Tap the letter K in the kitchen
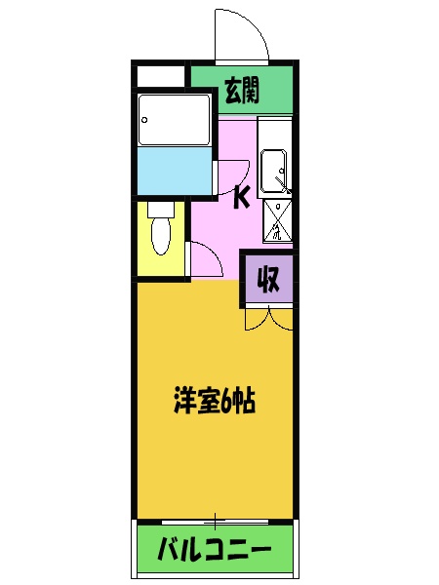(241, 198)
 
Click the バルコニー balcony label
(215, 551)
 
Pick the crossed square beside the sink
(278, 222)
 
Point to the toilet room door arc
(203, 258)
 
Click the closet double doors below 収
(266, 318)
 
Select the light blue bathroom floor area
(175, 170)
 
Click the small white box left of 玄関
(160, 76)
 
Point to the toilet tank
(161, 209)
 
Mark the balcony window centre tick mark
(215, 519)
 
